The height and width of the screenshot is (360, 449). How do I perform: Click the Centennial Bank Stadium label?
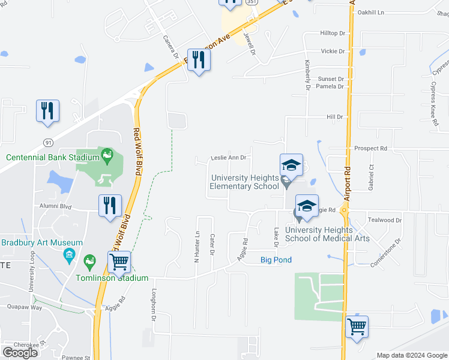pyautogui.click(x=52, y=158)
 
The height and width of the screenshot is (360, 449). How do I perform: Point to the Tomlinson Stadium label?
pyautogui.click(x=112, y=278)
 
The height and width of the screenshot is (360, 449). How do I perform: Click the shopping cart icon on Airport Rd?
pyautogui.click(x=357, y=327)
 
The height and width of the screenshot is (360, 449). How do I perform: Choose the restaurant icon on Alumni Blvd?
pyautogui.click(x=110, y=205)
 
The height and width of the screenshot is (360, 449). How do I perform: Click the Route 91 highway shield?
pyautogui.click(x=47, y=142)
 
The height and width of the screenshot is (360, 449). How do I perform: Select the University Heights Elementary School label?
pyautogui.click(x=244, y=182)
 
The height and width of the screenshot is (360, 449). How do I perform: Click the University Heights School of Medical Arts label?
pyautogui.click(x=327, y=234)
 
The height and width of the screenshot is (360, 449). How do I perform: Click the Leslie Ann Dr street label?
pyautogui.click(x=229, y=158)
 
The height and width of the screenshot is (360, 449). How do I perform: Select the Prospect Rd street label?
pyautogui.click(x=371, y=148)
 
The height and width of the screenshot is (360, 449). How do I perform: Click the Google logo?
pyautogui.click(x=20, y=352)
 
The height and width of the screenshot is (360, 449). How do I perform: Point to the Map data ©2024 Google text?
pyautogui.click(x=411, y=355)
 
